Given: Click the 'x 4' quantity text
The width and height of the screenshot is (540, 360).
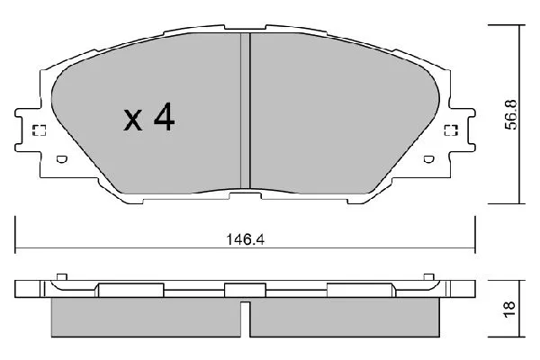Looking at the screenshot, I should point(148,119).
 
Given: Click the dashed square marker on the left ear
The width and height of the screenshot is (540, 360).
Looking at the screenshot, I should point(39,131).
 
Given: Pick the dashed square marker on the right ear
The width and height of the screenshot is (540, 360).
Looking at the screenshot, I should point(451,131).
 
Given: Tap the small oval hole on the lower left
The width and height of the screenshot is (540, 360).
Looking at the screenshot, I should point(62,162).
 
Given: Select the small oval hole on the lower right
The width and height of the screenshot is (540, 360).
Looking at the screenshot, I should point(428,162).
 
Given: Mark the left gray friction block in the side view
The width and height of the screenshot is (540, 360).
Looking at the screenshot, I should point(144,317).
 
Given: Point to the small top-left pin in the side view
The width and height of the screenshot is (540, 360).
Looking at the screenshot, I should point(60,275).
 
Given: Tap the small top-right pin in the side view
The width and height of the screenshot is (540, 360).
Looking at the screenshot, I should point(428,275).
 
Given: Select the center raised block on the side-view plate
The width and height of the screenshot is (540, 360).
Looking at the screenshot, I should point(238,291).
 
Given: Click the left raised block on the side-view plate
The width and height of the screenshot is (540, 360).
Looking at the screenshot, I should point(130,291).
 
